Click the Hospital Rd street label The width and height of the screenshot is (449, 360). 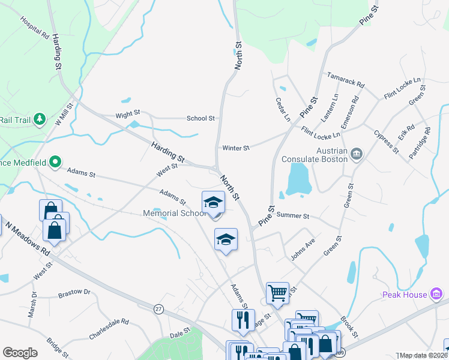coord(34,28)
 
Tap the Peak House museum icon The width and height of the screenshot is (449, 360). coord(436,294)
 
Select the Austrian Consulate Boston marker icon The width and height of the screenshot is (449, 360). coord(357,154)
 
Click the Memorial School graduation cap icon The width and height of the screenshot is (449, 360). coord(213,202)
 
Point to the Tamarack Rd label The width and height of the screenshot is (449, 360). coord(345,80)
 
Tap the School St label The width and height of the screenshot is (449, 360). coord(200,118)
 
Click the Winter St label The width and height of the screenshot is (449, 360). coord(235,148)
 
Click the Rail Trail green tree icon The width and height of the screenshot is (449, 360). coord(40,119)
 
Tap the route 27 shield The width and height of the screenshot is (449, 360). coord(158,308)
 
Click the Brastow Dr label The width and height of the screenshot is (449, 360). coord(74,293)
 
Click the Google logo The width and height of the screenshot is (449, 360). coord(20,353)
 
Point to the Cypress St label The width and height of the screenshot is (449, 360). coord(386,141)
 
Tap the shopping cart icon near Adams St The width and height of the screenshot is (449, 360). coord(277,293)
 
